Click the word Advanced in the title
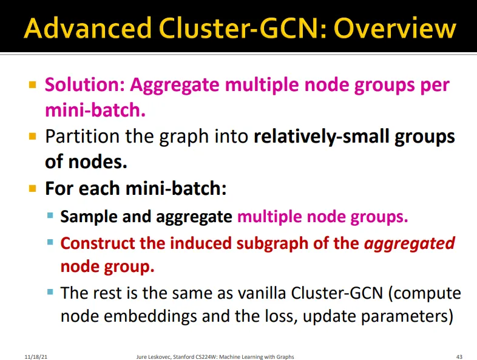click(x=87, y=28)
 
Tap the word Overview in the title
click(x=395, y=29)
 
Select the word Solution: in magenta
click(x=85, y=84)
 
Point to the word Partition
click(x=83, y=137)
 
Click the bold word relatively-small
click(x=322, y=136)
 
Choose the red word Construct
click(x=98, y=243)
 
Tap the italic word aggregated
click(x=410, y=244)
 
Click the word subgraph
click(x=272, y=244)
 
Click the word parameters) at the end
click(x=407, y=317)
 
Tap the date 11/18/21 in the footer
click(x=36, y=356)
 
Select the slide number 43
click(x=459, y=356)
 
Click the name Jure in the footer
click(x=141, y=356)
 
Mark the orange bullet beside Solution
click(x=33, y=84)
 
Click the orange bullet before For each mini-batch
click(x=33, y=188)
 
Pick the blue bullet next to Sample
click(x=50, y=216)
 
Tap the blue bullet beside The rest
click(x=50, y=293)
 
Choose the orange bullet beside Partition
click(x=33, y=136)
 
